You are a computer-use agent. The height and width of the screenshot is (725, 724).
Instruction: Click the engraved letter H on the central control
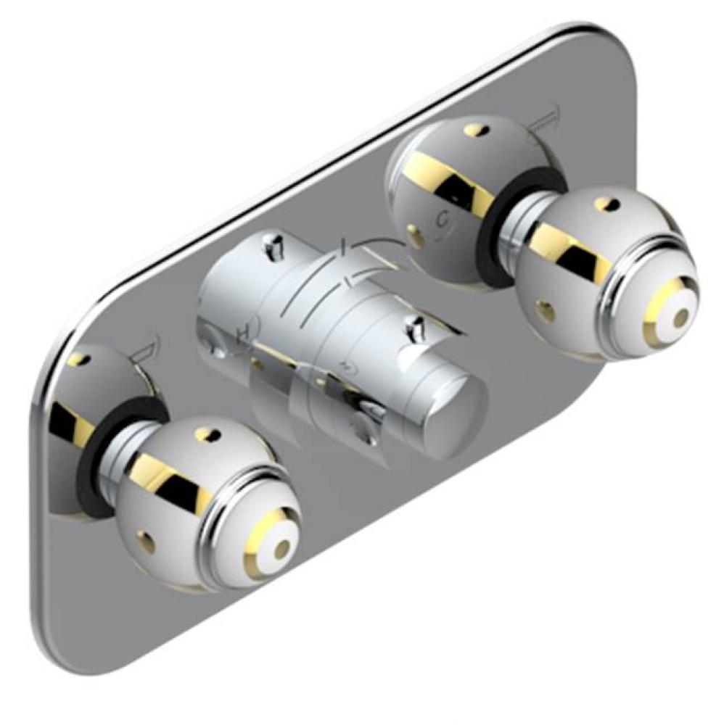point(244,331)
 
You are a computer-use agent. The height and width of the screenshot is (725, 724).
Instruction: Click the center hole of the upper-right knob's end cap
point(680,317)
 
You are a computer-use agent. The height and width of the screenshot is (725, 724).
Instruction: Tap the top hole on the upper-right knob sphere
point(605,204)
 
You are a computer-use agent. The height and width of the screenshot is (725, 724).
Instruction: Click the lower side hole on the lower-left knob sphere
point(149,541)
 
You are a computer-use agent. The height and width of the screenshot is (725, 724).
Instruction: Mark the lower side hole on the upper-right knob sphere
point(546,312)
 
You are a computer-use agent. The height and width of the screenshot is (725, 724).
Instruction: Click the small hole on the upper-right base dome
point(474,130)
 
